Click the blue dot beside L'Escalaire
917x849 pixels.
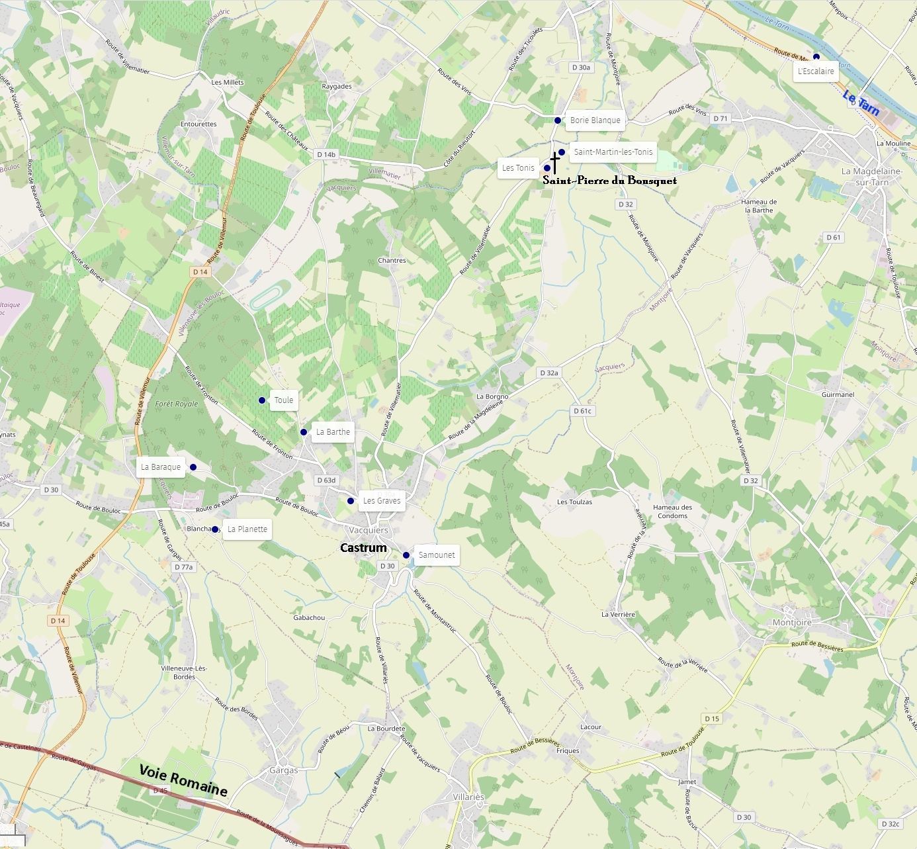[x=816, y=57]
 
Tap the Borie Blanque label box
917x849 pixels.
[x=595, y=120]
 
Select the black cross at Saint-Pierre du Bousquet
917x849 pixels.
[x=554, y=163]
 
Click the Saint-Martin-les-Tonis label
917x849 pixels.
[x=613, y=152]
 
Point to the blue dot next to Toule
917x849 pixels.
[x=262, y=400]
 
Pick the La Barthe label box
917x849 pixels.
[x=333, y=432]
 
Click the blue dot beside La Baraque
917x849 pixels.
[x=193, y=467]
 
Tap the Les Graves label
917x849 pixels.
[x=382, y=501]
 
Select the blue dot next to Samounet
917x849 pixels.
[x=406, y=555]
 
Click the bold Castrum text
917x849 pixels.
[x=363, y=548]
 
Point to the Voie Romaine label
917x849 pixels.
[x=183, y=780]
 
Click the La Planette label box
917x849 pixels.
[x=247, y=529]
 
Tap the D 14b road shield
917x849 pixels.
[x=326, y=154]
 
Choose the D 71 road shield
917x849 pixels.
[x=720, y=118]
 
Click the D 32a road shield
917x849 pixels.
[x=549, y=373]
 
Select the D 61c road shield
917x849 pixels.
[x=582, y=411]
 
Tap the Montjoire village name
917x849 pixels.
[x=792, y=623]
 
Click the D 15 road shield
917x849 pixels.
[x=712, y=719]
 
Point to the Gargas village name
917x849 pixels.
[x=284, y=770]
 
